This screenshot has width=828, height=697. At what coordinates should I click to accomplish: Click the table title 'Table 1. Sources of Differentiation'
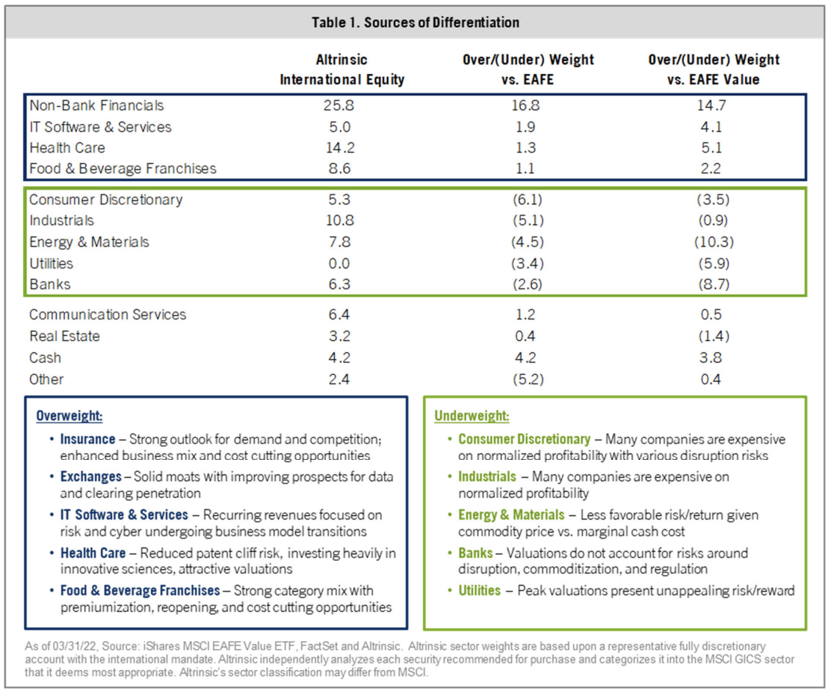415,22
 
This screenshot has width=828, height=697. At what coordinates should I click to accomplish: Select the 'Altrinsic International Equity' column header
342,70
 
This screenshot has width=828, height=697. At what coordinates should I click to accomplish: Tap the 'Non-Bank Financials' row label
96,105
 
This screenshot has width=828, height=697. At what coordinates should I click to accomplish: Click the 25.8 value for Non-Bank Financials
339,105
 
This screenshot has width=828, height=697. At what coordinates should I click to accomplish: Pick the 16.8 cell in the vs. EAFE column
525,105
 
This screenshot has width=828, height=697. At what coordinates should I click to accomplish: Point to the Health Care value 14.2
340,148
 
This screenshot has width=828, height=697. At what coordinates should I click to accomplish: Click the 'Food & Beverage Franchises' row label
123,168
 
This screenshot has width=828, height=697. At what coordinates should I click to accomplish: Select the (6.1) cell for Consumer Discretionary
528,200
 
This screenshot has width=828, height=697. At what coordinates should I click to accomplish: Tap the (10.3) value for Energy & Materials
714,242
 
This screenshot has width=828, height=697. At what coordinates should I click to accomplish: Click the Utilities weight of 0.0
339,264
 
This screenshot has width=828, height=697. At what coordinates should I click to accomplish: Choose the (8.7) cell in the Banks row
714,284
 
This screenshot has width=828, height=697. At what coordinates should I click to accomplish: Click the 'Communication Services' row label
108,315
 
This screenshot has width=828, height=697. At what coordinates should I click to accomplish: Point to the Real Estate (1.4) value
714,336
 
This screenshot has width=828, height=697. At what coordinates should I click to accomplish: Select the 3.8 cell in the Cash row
711,357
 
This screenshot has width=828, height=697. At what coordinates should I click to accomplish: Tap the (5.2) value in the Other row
528,379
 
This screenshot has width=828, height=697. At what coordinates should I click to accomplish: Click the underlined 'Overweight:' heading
69,416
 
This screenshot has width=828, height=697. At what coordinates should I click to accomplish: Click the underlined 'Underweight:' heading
472,416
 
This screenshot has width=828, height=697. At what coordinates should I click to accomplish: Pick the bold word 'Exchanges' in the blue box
91,476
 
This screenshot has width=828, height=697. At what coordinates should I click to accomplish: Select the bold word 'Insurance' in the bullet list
87,439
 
